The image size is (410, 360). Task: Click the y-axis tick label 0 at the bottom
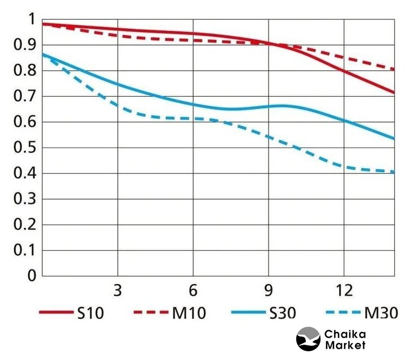pyautogui.click(x=31, y=276)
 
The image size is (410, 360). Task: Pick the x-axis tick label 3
pyautogui.click(x=118, y=291)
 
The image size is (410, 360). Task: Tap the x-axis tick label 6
pyautogui.click(x=193, y=291)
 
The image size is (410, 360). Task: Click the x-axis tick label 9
pyautogui.click(x=268, y=291)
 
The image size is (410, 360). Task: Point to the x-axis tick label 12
pyautogui.click(x=344, y=291)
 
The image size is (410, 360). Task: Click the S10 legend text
pyautogui.click(x=91, y=313)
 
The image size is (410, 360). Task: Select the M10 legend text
pyautogui.click(x=189, y=313)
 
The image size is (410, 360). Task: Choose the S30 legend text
pyautogui.click(x=282, y=313)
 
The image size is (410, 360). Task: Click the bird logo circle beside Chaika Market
pyautogui.click(x=308, y=339)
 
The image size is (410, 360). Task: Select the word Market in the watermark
pyautogui.click(x=345, y=345)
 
